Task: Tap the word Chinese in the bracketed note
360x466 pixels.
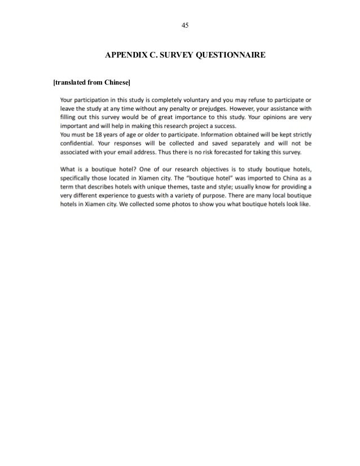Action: click(116, 83)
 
